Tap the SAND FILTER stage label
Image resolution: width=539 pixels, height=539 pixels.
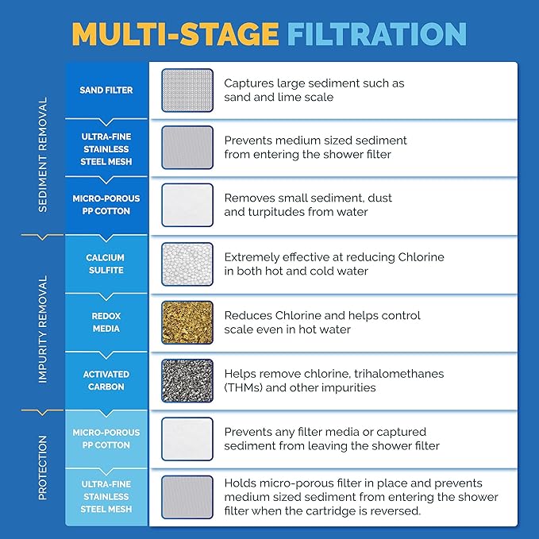click(x=106, y=90)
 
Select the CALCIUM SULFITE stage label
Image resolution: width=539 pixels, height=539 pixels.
click(x=106, y=264)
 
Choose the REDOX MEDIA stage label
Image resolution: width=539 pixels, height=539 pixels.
click(x=106, y=322)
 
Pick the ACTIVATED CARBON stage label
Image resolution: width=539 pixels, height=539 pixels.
click(x=106, y=380)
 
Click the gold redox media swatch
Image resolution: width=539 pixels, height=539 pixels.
click(x=187, y=322)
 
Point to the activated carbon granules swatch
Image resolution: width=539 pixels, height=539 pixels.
click(x=187, y=380)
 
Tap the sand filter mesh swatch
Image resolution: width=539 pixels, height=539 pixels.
click(x=187, y=90)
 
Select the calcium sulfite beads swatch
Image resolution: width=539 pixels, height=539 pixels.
click(x=187, y=264)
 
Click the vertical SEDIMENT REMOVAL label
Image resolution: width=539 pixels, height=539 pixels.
click(x=43, y=156)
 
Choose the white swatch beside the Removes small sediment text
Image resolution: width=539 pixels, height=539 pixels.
click(x=187, y=206)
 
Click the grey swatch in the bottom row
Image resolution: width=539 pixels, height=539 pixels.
click(x=187, y=497)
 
